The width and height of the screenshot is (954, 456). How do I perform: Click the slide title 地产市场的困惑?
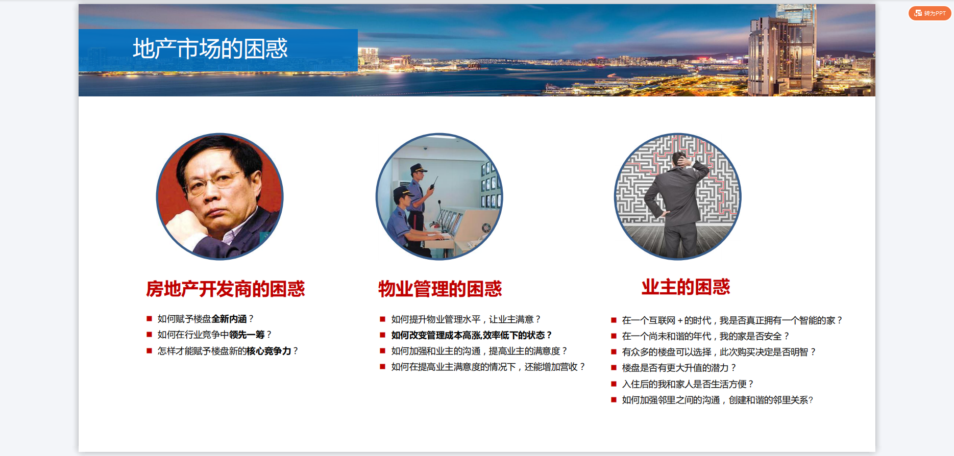point(210,49)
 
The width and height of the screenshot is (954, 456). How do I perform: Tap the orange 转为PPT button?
point(929,13)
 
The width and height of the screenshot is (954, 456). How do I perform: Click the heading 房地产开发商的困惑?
point(226,289)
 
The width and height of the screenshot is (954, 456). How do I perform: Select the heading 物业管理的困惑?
point(440,289)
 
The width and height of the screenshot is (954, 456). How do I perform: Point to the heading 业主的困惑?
point(686,287)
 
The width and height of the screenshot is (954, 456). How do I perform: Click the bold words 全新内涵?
point(229,319)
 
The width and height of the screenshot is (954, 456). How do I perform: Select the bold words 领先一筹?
point(247,335)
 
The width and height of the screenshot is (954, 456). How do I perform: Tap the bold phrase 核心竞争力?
point(269,351)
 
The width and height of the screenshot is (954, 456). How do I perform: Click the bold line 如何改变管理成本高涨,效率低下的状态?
point(471,335)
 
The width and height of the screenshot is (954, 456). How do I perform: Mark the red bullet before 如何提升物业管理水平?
point(382,319)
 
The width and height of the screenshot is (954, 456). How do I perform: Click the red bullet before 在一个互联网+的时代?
point(614,320)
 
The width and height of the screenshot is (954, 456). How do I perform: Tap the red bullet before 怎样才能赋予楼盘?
point(149,351)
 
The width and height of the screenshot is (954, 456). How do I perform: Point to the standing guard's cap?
point(418,167)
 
